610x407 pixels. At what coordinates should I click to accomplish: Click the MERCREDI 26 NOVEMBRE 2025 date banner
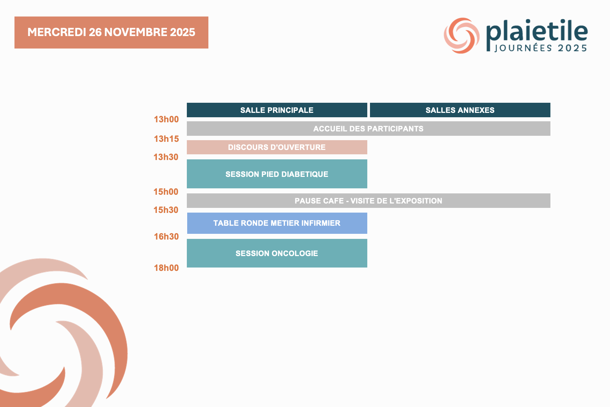pyautogui.click(x=111, y=32)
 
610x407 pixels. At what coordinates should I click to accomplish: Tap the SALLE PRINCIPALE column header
pyautogui.click(x=277, y=110)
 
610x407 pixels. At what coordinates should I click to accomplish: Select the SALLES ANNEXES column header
pyautogui.click(x=460, y=110)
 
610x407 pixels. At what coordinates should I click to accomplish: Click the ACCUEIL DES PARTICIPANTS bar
pyautogui.click(x=369, y=129)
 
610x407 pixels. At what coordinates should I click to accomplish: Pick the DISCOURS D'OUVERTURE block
pyautogui.click(x=277, y=147)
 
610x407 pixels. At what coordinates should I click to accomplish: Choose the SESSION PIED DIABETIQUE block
pyautogui.click(x=277, y=174)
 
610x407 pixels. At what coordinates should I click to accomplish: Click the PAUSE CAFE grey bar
pyautogui.click(x=369, y=201)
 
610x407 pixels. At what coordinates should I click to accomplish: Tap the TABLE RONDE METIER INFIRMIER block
pyautogui.click(x=277, y=223)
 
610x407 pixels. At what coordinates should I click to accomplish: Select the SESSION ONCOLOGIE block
pyautogui.click(x=277, y=253)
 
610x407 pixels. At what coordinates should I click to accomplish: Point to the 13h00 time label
pyautogui.click(x=166, y=119)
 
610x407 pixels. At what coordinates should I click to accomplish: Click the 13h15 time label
pyautogui.click(x=166, y=139)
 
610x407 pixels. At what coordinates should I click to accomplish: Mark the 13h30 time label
pyautogui.click(x=166, y=157)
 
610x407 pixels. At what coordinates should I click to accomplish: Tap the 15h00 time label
pyautogui.click(x=166, y=192)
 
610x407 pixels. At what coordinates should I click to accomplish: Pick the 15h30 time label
pyautogui.click(x=166, y=210)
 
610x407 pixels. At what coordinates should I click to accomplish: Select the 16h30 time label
pyautogui.click(x=166, y=237)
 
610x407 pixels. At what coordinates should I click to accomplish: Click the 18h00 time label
pyautogui.click(x=166, y=268)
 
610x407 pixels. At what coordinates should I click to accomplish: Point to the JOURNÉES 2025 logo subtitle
pyautogui.click(x=541, y=48)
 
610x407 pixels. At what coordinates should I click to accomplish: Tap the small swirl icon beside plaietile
pyautogui.click(x=462, y=35)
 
